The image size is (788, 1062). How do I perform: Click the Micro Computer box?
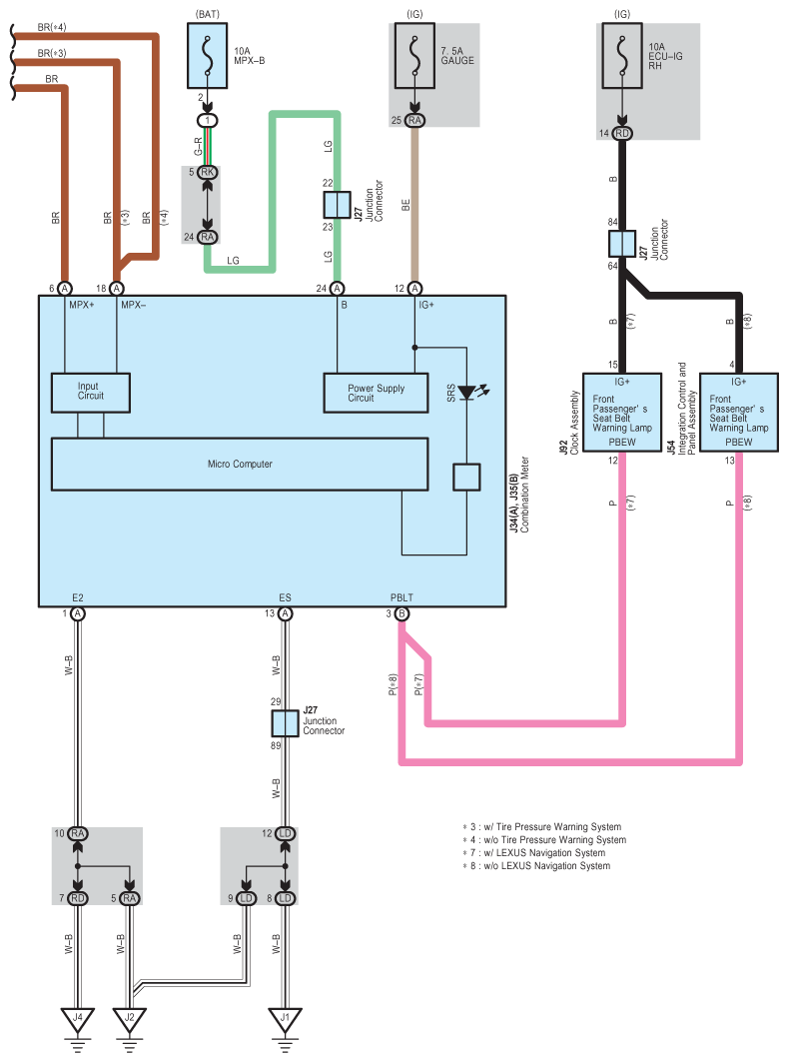click(x=240, y=464)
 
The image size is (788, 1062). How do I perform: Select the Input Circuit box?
click(x=90, y=391)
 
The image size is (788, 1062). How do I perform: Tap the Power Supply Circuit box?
click(x=376, y=393)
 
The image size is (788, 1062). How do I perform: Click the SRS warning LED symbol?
click(x=466, y=393)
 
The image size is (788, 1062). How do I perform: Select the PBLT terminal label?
click(x=401, y=597)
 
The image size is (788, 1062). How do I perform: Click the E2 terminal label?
click(x=78, y=597)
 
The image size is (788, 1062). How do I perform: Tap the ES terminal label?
click(x=286, y=597)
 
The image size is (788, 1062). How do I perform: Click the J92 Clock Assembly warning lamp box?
click(x=621, y=412)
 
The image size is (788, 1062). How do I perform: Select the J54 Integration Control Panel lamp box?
click(x=739, y=412)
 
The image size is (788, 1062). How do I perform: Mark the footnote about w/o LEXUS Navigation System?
click(x=535, y=866)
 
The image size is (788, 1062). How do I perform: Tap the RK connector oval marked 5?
click(x=208, y=172)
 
